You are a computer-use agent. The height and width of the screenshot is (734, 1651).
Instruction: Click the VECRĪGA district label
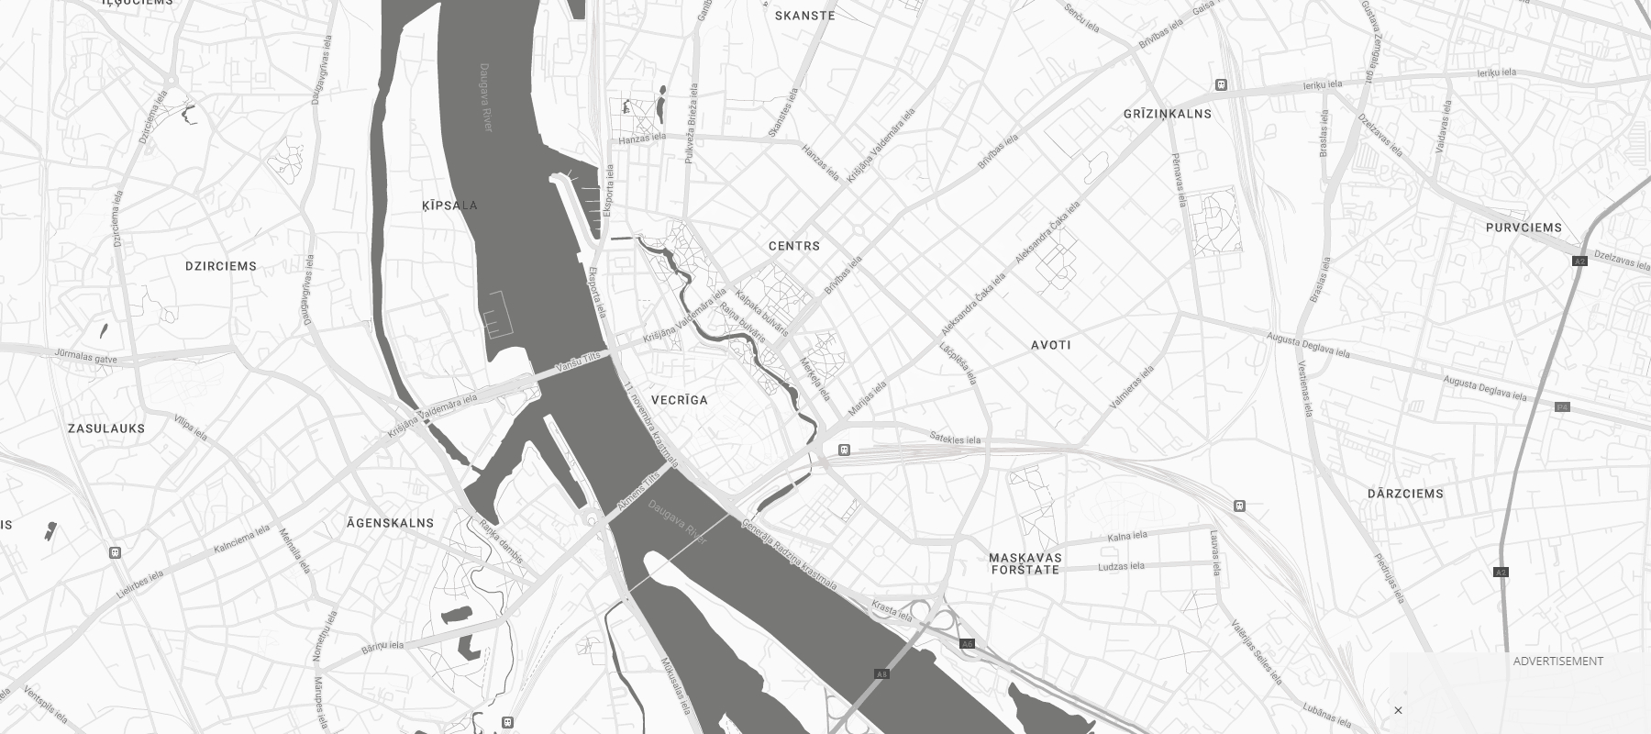[680, 400]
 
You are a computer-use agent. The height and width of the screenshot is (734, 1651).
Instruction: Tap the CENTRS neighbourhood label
[794, 246]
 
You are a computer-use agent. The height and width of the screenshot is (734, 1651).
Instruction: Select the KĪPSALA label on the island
[449, 206]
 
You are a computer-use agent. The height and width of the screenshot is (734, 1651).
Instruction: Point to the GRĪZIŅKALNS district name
[1168, 114]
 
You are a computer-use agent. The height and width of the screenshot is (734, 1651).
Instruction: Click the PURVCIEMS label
[1524, 228]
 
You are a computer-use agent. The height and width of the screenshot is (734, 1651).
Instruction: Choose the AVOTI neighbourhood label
[1051, 345]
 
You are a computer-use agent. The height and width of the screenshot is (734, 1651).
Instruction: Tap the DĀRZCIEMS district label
[1405, 494]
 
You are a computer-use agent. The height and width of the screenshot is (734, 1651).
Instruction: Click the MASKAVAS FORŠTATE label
[1025, 563]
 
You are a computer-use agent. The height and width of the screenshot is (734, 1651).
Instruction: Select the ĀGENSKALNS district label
[390, 523]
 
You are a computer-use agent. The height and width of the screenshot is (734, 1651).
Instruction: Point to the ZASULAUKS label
[106, 428]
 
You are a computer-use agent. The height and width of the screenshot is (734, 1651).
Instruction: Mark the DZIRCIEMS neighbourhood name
[221, 266]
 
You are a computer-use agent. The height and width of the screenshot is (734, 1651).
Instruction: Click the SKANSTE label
[805, 16]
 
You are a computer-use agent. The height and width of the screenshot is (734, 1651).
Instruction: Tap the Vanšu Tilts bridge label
[580, 363]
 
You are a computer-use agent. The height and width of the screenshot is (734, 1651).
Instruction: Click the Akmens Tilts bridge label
[637, 493]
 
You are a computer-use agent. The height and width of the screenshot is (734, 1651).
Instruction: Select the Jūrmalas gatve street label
[86, 356]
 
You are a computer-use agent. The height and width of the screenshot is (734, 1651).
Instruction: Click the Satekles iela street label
[955, 439]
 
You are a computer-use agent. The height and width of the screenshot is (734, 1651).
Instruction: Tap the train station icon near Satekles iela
[844, 450]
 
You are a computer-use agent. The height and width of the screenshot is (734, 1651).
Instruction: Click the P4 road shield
[1562, 406]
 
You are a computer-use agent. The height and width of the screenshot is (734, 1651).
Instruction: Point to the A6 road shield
[967, 644]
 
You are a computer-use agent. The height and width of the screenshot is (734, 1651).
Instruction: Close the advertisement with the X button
[1398, 710]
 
